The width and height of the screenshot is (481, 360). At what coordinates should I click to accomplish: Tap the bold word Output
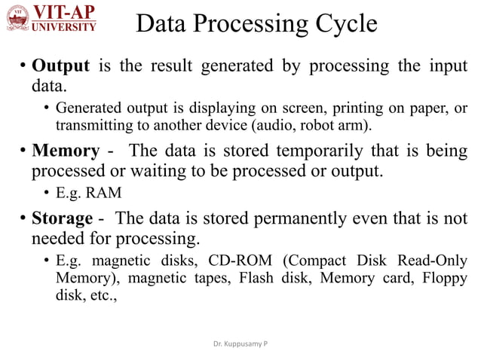tap(60, 66)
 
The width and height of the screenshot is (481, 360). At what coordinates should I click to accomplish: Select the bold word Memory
tap(65, 151)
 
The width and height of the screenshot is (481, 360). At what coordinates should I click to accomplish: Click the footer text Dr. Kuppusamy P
tap(240, 343)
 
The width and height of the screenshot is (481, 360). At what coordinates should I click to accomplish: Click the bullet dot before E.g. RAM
tap(47, 193)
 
